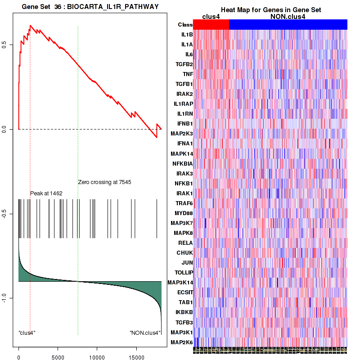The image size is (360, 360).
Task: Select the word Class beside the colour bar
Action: point(185,25)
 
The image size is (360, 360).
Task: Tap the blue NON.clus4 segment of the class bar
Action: point(288,25)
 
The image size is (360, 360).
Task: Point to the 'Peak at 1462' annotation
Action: point(46,193)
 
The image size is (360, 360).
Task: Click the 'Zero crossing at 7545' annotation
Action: point(104,182)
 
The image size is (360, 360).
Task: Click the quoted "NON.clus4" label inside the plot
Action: point(145,333)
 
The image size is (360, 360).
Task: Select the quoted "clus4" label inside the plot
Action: point(27,333)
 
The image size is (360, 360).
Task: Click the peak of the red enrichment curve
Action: point(30,26)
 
